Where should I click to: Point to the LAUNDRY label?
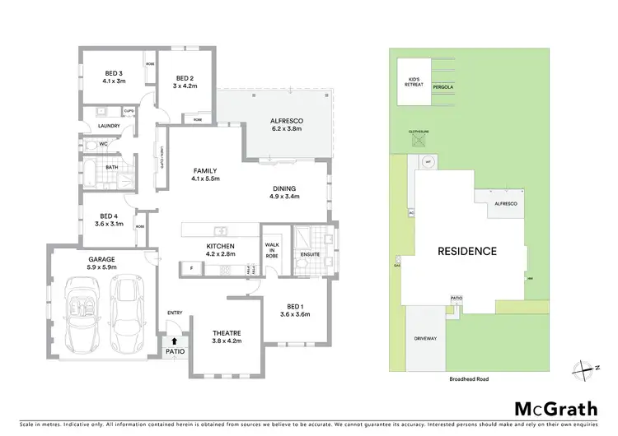tap(109, 126)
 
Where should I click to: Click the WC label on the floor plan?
tap(104, 144)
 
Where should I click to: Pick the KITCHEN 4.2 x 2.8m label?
tap(221, 250)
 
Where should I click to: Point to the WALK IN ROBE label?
tap(272, 249)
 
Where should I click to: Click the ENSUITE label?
tap(309, 255)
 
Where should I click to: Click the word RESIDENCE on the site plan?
tap(466, 251)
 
